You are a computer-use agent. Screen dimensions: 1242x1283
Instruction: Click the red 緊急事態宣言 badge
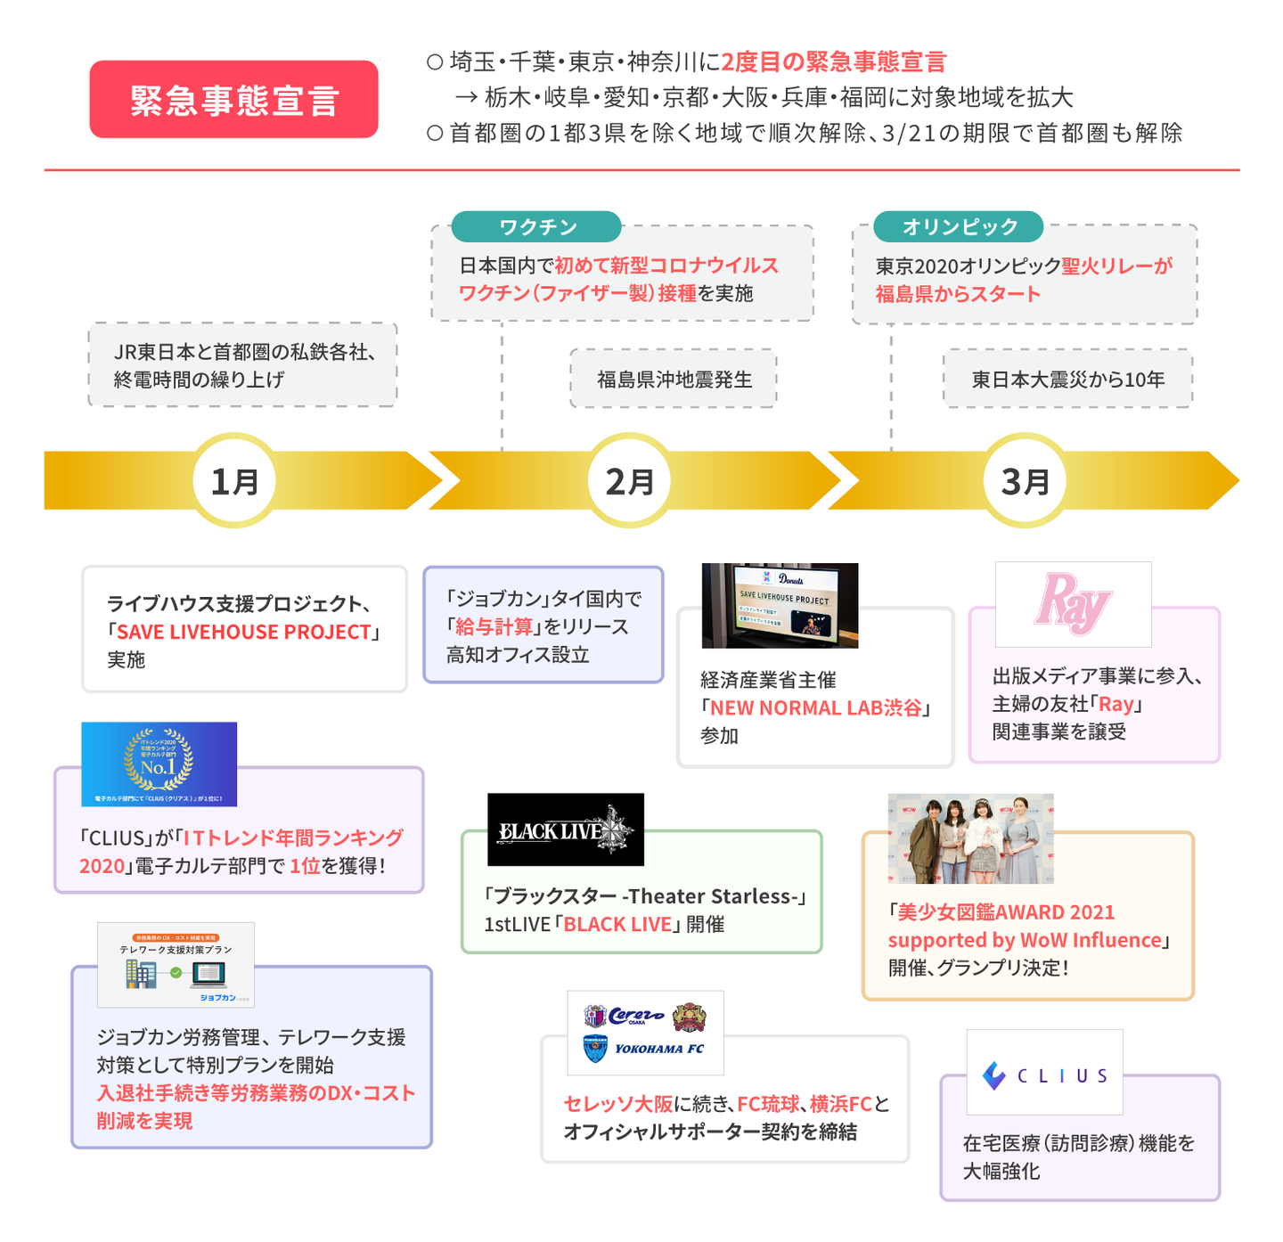[233, 100]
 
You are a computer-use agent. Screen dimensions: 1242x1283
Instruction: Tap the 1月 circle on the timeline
[235, 481]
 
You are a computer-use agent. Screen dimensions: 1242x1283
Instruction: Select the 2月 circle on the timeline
[630, 481]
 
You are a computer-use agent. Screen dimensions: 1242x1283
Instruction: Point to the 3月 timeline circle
[1025, 481]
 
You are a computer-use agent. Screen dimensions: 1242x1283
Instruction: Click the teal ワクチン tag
[536, 227]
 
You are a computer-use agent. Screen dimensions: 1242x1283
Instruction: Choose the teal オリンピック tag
[959, 227]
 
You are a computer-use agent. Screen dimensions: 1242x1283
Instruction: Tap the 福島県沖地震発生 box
[674, 380]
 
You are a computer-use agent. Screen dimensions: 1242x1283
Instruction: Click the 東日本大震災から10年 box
[1067, 380]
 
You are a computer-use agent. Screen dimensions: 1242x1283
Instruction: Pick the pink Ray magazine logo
[1073, 604]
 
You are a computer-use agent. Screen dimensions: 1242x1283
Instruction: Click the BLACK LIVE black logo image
[565, 829]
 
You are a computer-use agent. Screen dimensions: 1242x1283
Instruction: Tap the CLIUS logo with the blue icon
[1044, 1073]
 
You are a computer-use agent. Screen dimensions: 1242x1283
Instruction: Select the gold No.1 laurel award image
[159, 764]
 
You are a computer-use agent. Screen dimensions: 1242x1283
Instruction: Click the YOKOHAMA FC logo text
[659, 1049]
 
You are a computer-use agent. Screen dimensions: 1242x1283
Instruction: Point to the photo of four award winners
[970, 838]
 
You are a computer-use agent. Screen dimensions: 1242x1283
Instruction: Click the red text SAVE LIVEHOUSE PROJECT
[243, 632]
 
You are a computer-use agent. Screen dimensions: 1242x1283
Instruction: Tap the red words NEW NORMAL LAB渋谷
[815, 708]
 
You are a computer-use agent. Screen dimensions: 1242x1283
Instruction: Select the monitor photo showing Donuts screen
[780, 605]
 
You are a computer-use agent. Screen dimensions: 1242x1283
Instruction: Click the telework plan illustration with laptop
[176, 965]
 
